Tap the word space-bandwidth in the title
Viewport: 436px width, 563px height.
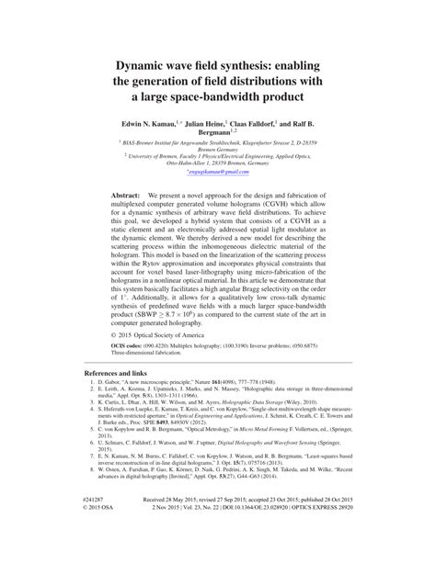(x=224, y=96)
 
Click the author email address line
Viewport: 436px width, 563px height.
(x=217, y=172)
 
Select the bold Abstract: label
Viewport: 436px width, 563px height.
(x=125, y=197)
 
